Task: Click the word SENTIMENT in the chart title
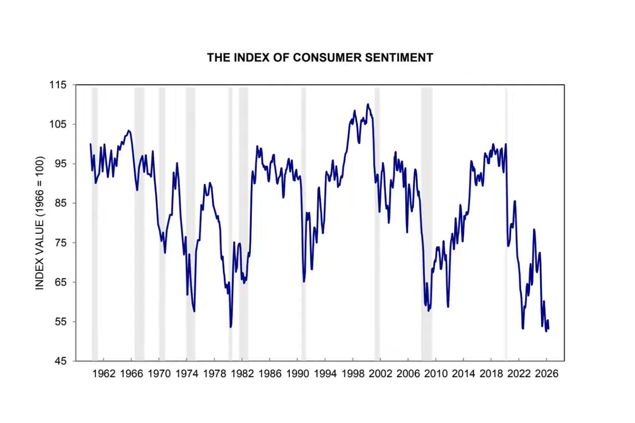pos(399,58)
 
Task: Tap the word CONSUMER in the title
pos(327,58)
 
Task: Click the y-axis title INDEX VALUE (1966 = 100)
pos(40,223)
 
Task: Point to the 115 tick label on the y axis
pos(58,85)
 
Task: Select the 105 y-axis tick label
pos(58,124)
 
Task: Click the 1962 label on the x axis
pos(104,374)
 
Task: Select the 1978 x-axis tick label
pos(214,374)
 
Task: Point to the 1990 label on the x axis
pos(297,374)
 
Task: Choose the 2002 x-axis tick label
pos(380,374)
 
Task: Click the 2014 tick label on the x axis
pos(463,374)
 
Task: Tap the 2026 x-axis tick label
pos(547,374)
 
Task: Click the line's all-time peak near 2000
pos(368,104)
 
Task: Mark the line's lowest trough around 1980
pos(231,326)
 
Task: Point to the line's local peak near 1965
pos(129,131)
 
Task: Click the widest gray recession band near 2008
pos(427,224)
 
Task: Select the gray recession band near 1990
pos(304,224)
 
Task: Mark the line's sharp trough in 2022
pos(523,328)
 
